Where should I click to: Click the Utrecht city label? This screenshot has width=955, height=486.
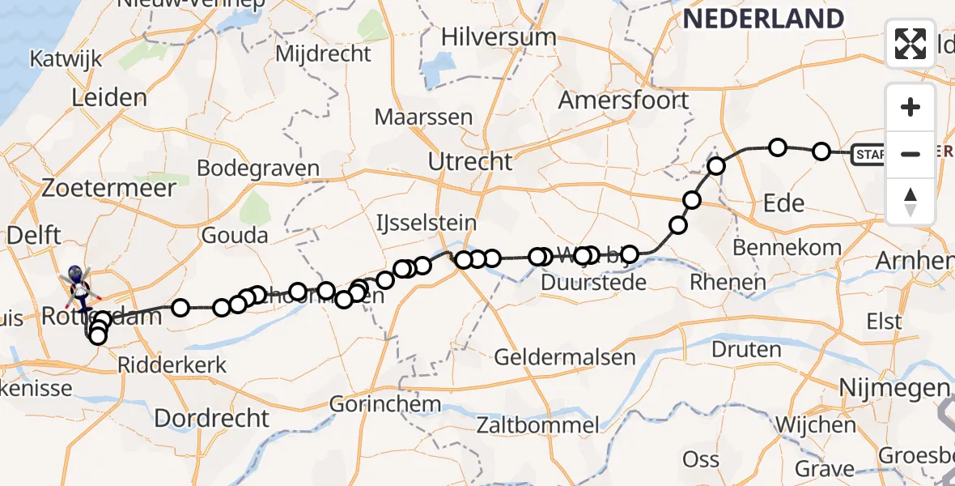[470, 161]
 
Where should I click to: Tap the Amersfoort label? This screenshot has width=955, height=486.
[623, 100]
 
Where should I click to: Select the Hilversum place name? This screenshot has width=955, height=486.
[499, 36]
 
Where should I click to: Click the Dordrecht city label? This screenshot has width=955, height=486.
[211, 418]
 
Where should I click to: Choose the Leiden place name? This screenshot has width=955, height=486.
[109, 98]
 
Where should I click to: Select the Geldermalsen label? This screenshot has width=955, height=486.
[553, 357]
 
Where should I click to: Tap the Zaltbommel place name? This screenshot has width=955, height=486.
[538, 424]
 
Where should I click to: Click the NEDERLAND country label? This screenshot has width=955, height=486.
[763, 18]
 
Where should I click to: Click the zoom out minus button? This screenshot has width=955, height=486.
[910, 154]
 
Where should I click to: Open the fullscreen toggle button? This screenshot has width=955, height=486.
[910, 44]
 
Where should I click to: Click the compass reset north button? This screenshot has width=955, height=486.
[910, 201]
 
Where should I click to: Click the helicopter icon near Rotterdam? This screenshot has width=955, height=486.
[79, 278]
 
